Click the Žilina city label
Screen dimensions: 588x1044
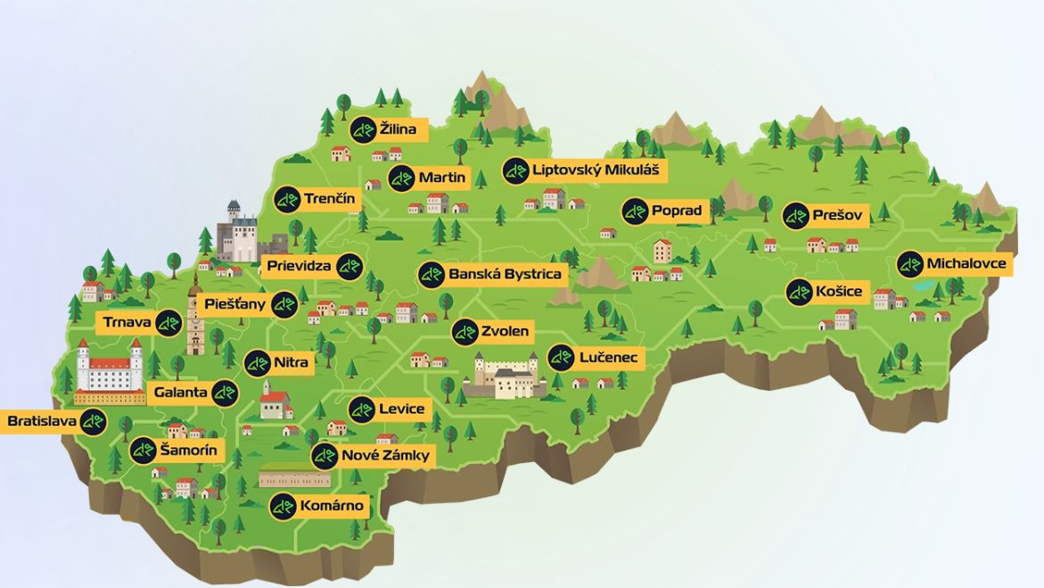tap(398, 130)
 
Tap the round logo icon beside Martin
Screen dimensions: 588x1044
tap(401, 178)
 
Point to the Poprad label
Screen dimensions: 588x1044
tap(676, 211)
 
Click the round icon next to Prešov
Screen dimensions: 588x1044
tap(796, 216)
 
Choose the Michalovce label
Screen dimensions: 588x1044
tap(966, 264)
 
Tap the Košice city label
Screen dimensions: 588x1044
tap(837, 292)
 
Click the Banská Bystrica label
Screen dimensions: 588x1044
tap(505, 275)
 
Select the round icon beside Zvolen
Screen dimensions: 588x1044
tap(464, 332)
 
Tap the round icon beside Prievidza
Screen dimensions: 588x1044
tap(349, 267)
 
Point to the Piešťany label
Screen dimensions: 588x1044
tap(235, 304)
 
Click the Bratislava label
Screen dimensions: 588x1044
tap(41, 421)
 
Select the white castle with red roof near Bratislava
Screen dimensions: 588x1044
tap(110, 370)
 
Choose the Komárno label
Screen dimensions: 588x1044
tap(331, 506)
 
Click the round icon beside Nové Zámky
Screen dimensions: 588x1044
tap(325, 457)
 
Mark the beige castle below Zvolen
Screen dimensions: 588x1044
tap(506, 376)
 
